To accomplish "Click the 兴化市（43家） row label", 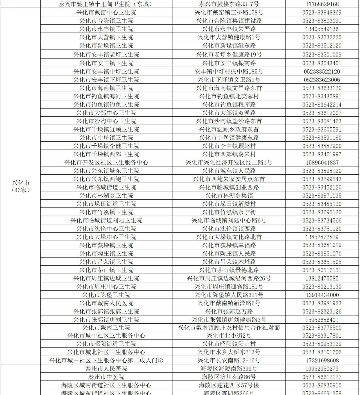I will coord(21,186).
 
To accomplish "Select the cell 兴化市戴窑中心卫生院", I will coord(106,12).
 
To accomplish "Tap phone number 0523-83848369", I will coord(322,12).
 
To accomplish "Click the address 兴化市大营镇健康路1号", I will coord(229,37).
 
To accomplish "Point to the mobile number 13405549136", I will coord(322,29).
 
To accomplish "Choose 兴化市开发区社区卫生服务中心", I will coord(106,162).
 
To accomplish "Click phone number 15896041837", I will coord(322,162).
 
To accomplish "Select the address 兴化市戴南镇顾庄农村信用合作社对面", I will coord(229,328).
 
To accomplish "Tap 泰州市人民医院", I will coord(106,369).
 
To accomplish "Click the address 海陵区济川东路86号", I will coord(229,377).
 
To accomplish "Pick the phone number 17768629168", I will coord(322,4).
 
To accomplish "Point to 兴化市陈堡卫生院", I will coord(106,295).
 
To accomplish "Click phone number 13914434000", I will coord(322,295).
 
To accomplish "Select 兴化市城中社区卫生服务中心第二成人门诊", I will coord(106,360).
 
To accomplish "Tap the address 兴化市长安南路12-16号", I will coord(229,360).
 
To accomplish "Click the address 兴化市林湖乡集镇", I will coord(229,196).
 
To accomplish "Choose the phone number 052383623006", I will coord(322,80).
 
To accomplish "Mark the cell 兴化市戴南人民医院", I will coord(106,303).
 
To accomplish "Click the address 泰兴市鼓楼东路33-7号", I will coord(229,4).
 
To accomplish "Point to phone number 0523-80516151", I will coord(322,270).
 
